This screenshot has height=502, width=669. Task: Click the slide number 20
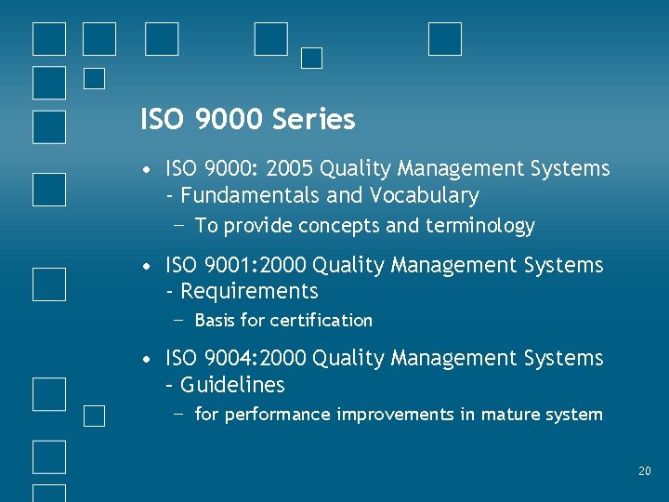click(645, 472)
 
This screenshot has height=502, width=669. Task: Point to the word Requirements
click(249, 291)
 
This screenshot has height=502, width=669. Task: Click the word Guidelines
click(232, 385)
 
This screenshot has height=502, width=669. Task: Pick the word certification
click(321, 321)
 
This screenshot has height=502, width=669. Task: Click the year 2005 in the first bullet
click(290, 169)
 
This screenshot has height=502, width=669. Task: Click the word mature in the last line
click(510, 415)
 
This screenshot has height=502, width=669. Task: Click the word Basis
click(215, 321)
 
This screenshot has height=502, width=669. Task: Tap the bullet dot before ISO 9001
click(148, 266)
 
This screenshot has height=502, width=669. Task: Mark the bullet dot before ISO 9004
click(148, 359)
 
